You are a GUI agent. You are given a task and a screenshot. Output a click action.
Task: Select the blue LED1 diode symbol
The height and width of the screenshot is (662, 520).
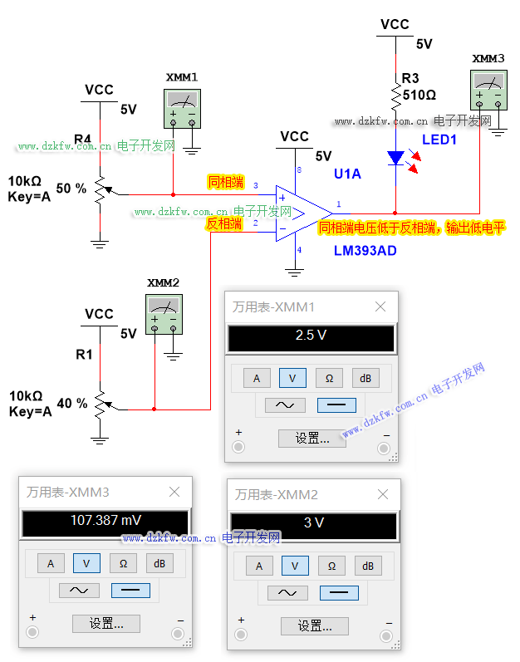[395, 156]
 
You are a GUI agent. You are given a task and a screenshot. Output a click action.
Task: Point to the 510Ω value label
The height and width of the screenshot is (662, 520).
[419, 95]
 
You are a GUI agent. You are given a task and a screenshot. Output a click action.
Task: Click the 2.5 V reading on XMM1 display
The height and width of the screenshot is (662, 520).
[311, 336]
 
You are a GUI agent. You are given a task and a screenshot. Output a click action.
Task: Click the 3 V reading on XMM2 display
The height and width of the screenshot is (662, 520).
[313, 522]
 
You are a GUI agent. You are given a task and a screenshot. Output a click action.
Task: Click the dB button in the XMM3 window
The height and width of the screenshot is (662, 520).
[159, 563]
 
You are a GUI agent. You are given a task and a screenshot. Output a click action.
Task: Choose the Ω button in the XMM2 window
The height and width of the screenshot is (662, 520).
[331, 566]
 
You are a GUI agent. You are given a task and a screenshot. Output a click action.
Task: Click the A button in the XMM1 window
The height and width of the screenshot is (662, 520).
[257, 378]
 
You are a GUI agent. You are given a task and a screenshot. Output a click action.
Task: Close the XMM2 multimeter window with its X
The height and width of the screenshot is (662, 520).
[382, 494]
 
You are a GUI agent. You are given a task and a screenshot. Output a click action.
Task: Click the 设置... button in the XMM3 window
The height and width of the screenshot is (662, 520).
[105, 623]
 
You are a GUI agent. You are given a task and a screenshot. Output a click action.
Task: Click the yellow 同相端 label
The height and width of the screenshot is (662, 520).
[226, 181]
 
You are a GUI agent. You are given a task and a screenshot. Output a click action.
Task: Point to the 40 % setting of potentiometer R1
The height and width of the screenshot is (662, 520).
[71, 404]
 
